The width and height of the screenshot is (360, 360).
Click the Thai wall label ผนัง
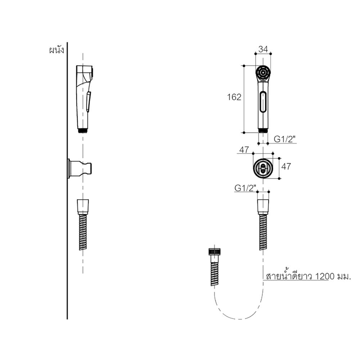click(57, 50)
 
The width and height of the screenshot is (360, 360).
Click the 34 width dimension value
click(263, 49)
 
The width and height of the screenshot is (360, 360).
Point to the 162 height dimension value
click(234, 97)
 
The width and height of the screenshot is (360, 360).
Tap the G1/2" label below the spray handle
click(284, 139)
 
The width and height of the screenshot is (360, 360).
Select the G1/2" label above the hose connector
click(245, 188)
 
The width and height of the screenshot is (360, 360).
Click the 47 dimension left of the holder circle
click(244, 150)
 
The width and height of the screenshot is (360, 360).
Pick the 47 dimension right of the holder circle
click(286, 166)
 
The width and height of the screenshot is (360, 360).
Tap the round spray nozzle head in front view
click(263, 73)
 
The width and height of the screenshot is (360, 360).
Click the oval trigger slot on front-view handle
click(263, 102)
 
